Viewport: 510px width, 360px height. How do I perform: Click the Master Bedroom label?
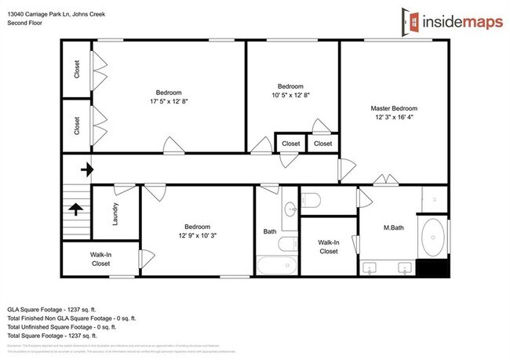click(393, 108)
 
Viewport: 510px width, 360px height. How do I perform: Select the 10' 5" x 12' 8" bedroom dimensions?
click(290, 96)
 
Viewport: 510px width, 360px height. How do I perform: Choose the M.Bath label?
click(392, 228)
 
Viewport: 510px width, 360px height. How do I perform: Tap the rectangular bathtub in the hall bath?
click(277, 265)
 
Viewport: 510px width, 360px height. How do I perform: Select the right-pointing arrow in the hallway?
click(86, 169)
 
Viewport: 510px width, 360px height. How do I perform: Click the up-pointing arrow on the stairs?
click(76, 209)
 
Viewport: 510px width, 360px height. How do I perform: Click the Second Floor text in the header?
click(25, 24)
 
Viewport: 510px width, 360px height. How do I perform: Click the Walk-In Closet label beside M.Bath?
click(328, 247)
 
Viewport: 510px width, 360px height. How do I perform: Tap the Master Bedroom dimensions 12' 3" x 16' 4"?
click(393, 118)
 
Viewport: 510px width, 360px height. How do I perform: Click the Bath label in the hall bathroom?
click(269, 231)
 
